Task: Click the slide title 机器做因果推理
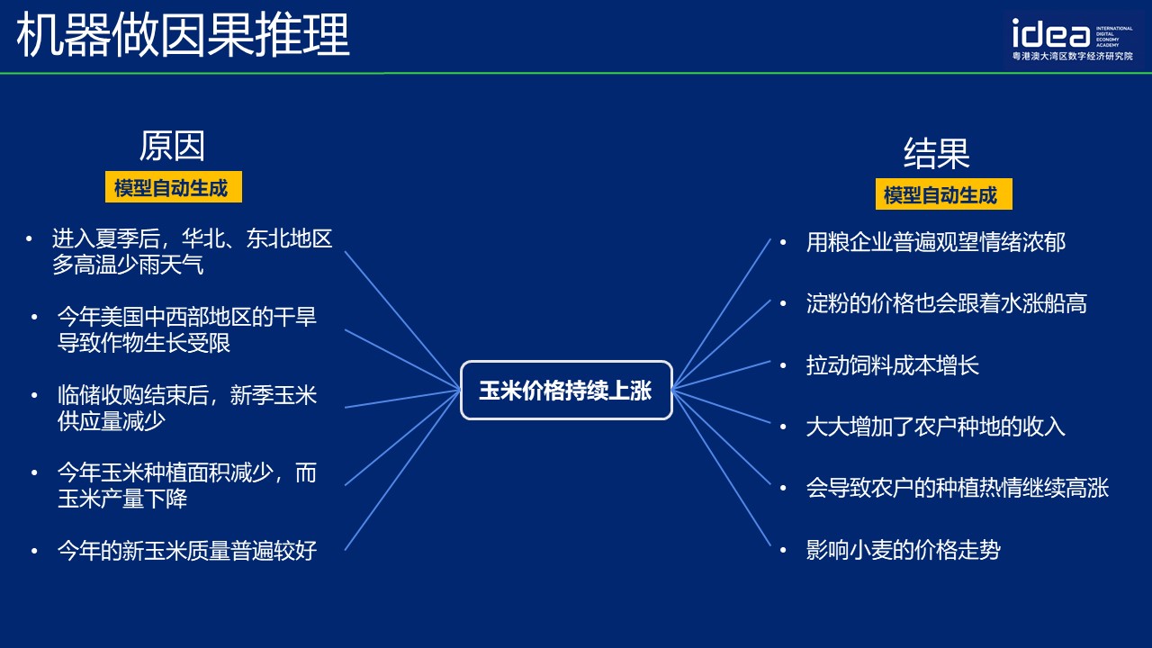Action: tap(183, 35)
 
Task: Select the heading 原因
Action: tap(172, 146)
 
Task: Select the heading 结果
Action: tap(937, 153)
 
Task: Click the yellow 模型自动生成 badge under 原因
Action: tap(174, 187)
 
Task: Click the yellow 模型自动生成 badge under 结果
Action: tap(944, 194)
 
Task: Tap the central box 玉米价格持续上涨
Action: tap(566, 391)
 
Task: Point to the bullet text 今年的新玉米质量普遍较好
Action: tap(187, 550)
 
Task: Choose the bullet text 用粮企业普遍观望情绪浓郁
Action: tap(936, 242)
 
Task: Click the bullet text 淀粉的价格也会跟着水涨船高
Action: tap(947, 303)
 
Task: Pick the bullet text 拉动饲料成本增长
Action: tap(892, 365)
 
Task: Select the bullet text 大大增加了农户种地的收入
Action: tap(936, 427)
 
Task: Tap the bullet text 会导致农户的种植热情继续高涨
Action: tap(958, 488)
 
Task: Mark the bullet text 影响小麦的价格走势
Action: tap(903, 550)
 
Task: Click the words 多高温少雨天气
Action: tap(128, 265)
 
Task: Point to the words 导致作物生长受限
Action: tap(144, 343)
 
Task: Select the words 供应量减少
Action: tap(111, 421)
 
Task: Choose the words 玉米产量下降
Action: tap(122, 499)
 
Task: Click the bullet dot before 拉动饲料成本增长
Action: tap(783, 365)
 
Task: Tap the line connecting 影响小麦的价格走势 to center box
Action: tap(721, 467)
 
